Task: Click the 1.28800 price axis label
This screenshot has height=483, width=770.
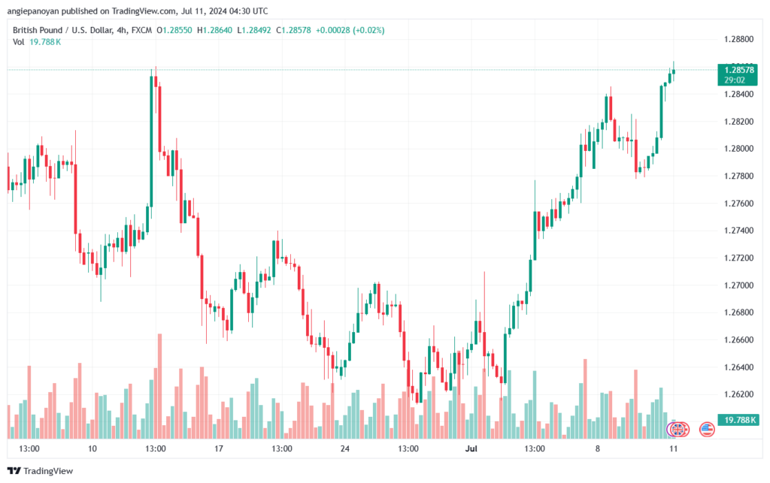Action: (x=738, y=39)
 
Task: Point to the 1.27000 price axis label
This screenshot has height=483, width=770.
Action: (x=738, y=285)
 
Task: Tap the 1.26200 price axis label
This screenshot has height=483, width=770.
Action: (x=738, y=394)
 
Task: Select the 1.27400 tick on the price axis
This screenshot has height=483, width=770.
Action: (x=738, y=231)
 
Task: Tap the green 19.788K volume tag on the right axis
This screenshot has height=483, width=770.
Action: (x=738, y=420)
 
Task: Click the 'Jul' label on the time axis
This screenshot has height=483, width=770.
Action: (x=471, y=448)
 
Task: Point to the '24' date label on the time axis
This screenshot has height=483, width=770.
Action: (x=344, y=448)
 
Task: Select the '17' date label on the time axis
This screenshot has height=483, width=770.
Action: (x=219, y=448)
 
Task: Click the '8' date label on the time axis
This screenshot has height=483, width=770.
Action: (x=597, y=448)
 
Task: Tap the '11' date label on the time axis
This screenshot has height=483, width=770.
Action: (x=673, y=448)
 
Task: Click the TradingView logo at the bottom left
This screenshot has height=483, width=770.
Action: (x=41, y=471)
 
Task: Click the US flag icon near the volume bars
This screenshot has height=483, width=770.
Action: (x=707, y=430)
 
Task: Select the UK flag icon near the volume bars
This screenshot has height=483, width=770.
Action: (x=678, y=430)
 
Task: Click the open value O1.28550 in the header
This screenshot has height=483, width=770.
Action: (x=174, y=30)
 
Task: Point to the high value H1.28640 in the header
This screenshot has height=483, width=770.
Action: (x=214, y=30)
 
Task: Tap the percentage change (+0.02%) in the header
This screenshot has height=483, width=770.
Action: (x=368, y=30)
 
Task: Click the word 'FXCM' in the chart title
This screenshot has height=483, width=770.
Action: (x=141, y=30)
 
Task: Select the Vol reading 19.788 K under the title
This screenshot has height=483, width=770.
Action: (x=45, y=42)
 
